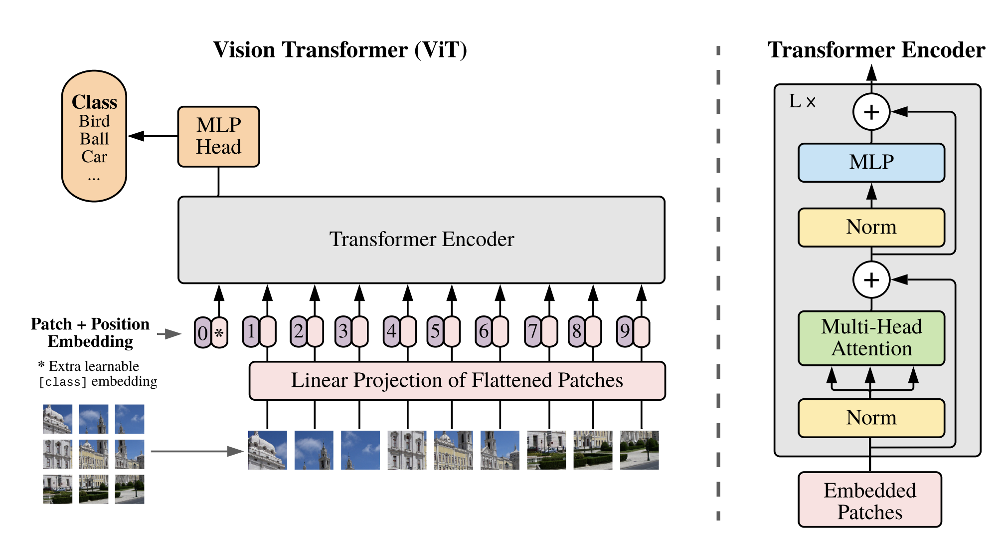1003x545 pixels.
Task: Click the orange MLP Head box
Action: click(218, 136)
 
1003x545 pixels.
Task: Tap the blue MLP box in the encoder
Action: click(871, 163)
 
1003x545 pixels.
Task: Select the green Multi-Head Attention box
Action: click(871, 338)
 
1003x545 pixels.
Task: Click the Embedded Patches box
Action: click(870, 500)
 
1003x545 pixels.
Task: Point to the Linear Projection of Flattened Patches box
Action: click(457, 381)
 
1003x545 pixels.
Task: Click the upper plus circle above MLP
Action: click(871, 112)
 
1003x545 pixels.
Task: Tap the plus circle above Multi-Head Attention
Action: click(871, 279)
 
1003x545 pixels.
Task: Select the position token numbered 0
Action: click(202, 332)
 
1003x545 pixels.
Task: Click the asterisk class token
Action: click(219, 332)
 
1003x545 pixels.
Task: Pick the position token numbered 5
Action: click(435, 331)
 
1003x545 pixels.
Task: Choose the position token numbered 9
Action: click(625, 331)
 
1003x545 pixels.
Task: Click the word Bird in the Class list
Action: click(94, 121)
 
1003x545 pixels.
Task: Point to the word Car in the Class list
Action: click(94, 157)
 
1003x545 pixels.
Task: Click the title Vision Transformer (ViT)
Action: click(340, 50)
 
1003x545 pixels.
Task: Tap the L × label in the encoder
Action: click(802, 102)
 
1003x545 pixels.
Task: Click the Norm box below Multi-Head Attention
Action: click(871, 418)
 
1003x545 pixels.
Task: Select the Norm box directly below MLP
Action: click(871, 227)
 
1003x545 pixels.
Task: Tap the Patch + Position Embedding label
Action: click(90, 332)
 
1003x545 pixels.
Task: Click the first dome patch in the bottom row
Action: click(267, 450)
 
